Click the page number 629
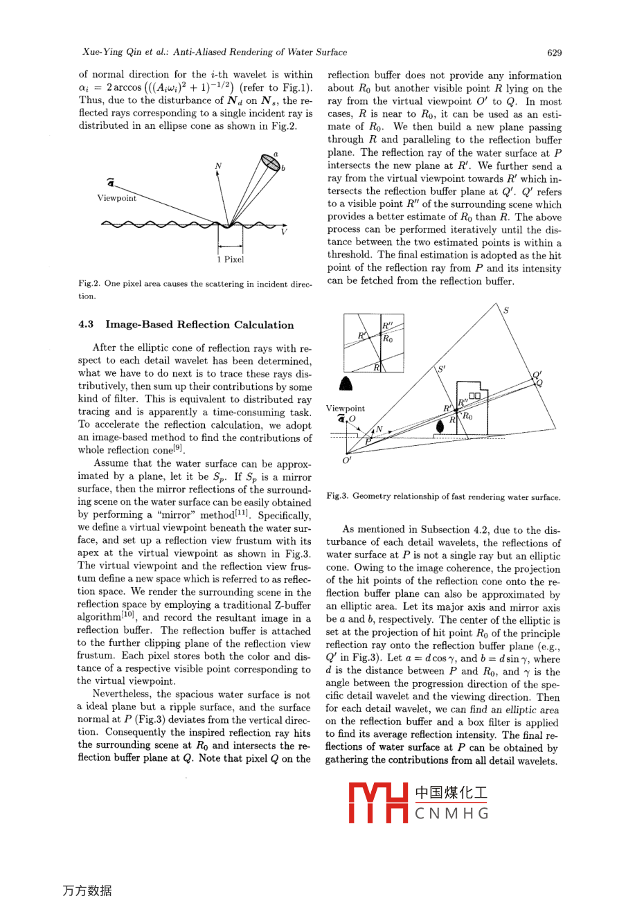554,53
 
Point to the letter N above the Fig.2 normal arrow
218,166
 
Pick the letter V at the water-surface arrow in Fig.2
284,232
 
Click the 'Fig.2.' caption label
88,284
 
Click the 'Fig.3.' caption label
337,496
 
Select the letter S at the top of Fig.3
506,310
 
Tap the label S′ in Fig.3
441,369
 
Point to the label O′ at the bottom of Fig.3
347,460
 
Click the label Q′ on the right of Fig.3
537,375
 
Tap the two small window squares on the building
478,396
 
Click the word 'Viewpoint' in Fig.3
346,409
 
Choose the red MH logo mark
377,803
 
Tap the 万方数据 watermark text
87,891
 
